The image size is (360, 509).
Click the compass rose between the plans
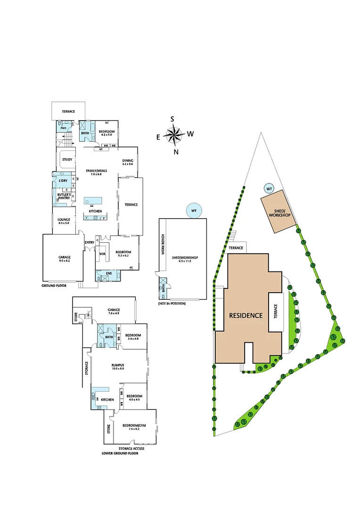174,135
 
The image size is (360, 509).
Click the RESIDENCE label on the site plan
245,315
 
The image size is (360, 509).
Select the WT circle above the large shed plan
193,210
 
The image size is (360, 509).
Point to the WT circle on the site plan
269,189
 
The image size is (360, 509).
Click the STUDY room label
67,159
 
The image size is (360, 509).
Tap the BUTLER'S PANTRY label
64,196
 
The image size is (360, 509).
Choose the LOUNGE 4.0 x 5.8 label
64,221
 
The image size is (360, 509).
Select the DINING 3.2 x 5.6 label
128,162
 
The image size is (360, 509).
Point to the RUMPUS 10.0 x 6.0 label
117,366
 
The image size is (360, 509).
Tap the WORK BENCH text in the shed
163,245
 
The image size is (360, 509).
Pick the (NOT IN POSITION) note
172,304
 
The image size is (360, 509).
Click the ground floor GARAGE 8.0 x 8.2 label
65,259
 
